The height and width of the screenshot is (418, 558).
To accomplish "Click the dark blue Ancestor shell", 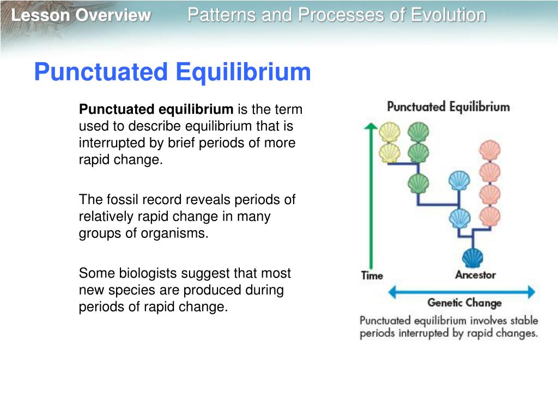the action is (x=472, y=257).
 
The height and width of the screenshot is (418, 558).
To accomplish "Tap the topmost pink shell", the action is (x=490, y=150).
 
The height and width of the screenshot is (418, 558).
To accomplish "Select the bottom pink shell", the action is (x=490, y=217).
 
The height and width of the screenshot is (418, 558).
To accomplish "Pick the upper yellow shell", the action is (x=390, y=132).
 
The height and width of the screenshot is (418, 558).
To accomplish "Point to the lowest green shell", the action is (x=418, y=183).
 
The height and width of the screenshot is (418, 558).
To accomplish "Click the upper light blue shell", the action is (x=459, y=181).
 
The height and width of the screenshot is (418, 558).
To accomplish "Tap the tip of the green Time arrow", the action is (x=371, y=123).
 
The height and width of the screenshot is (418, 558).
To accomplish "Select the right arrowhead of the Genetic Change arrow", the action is (x=531, y=292).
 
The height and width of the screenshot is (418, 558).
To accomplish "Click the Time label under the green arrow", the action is (x=372, y=276).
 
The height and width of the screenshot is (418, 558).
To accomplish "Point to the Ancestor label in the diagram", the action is (x=475, y=275).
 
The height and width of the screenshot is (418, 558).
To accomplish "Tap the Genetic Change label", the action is (x=464, y=303).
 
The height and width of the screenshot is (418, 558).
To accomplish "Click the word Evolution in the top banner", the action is (x=448, y=15).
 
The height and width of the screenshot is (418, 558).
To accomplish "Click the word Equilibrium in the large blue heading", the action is (x=244, y=72).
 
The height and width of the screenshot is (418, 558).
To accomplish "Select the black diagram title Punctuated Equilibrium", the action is (x=448, y=107).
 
